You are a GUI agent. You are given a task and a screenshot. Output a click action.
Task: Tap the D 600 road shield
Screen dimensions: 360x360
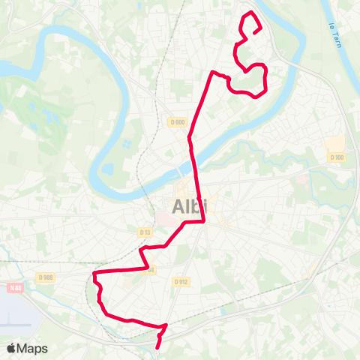177,123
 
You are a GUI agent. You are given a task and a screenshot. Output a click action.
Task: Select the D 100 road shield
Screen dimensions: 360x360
337,157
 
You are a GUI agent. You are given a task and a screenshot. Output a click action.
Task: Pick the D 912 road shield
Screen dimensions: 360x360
180,282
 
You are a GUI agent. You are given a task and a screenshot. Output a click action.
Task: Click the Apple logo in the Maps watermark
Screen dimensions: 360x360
11,348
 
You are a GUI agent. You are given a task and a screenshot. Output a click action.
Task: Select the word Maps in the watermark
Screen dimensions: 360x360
33,348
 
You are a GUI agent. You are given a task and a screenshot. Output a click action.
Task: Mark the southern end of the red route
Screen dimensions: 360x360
157,348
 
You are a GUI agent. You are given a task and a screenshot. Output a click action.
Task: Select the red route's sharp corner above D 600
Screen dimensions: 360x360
214,72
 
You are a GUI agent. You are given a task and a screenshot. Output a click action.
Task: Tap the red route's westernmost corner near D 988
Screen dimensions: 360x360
94,276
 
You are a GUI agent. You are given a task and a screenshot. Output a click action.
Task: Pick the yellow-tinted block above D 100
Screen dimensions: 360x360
337,143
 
